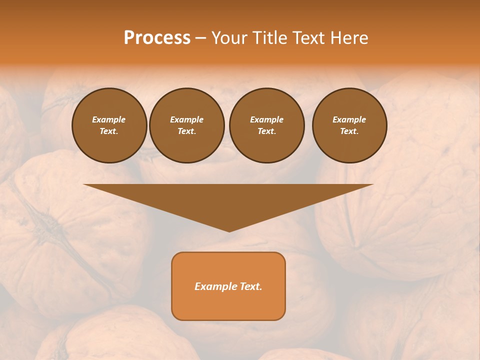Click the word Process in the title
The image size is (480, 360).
pyautogui.click(x=157, y=38)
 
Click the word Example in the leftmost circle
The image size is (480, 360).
pyautogui.click(x=109, y=119)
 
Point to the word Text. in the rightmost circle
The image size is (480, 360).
pyautogui.click(x=349, y=131)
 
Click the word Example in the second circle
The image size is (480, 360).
pyautogui.click(x=186, y=119)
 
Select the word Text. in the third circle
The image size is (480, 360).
pyautogui.click(x=266, y=131)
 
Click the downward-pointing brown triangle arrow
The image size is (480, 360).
pyautogui.click(x=229, y=200)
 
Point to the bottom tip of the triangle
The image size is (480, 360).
pyautogui.click(x=229, y=230)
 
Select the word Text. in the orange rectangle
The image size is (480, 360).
pyautogui.click(x=250, y=286)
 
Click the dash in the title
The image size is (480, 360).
pyautogui.click(x=200, y=38)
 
